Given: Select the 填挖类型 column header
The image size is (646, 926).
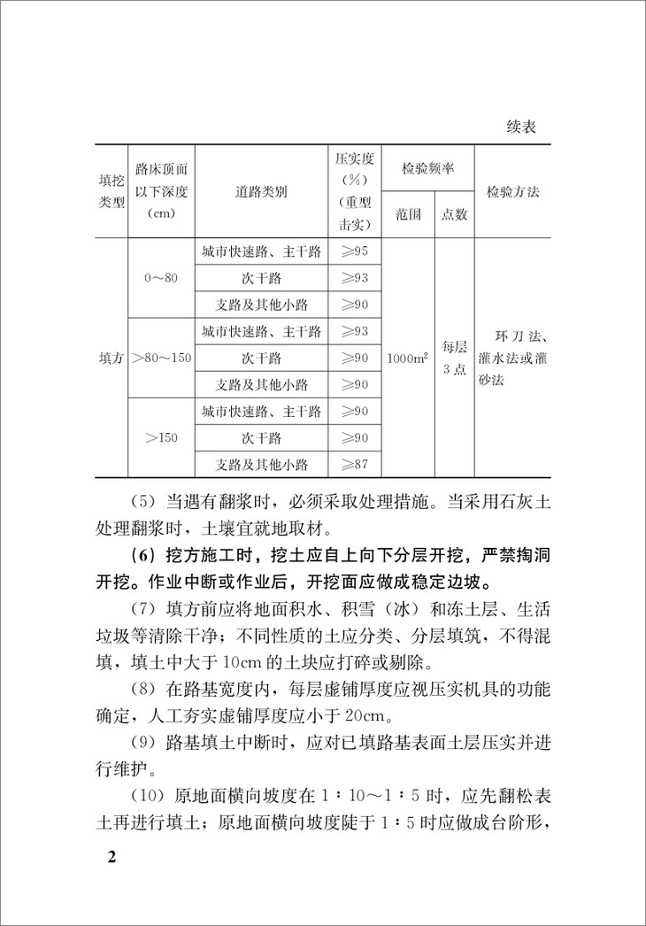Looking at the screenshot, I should pos(111,191).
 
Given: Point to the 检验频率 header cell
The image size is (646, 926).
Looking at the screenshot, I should pos(427,168).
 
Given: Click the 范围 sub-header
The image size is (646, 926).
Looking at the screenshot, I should pos(407,214).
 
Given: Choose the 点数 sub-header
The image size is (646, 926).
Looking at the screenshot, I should pos(454,214).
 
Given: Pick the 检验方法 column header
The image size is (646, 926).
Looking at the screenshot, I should pos(512,191).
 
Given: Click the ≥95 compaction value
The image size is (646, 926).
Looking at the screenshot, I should pos(354,251).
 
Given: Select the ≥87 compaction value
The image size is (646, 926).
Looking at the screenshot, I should pos(354,464).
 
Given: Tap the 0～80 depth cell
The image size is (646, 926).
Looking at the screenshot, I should pos(161,278).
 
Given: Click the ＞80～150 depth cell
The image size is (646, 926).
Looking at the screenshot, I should pos(161,358).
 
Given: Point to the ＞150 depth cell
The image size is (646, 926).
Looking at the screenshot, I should pos(161,437).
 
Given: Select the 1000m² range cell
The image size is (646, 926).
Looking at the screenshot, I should pos(407,358).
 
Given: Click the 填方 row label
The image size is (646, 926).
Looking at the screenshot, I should pos(111,358).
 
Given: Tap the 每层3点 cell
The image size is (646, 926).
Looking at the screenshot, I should pos(454,356).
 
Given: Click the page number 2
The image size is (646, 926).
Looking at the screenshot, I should pos(111,859).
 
